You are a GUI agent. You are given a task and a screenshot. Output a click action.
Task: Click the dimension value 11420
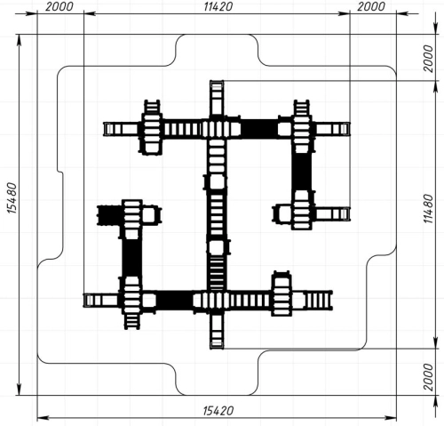click(218, 6)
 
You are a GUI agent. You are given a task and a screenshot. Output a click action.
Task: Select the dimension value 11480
click(428, 209)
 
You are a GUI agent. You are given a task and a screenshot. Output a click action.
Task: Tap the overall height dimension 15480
click(12, 198)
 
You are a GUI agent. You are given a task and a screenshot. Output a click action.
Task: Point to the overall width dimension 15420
click(218, 411)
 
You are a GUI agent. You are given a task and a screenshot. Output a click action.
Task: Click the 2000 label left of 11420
click(59, 6)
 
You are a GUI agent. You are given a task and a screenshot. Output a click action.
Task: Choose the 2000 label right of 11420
click(371, 6)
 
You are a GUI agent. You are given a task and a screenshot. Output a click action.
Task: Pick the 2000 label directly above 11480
click(428, 59)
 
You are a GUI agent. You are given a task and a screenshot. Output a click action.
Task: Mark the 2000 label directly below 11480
click(428, 377)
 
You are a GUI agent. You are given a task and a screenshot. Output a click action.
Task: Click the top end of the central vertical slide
click(217, 83)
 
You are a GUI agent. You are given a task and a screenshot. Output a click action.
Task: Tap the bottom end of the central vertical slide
click(217, 346)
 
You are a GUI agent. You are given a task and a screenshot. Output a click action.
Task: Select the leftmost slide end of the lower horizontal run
click(86, 301)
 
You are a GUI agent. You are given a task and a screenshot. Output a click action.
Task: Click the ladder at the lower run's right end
click(319, 301)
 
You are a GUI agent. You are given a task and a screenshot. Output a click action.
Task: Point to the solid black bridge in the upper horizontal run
click(259, 129)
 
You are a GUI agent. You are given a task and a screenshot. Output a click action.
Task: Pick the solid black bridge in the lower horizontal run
click(174, 301)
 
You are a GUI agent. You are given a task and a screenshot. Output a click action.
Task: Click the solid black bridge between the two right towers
click(301, 172)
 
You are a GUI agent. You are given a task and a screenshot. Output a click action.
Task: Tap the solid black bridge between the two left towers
click(132, 258)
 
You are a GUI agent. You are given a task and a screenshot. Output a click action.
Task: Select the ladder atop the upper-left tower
click(152, 107)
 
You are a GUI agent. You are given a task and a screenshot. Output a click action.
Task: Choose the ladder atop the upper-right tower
click(301, 108)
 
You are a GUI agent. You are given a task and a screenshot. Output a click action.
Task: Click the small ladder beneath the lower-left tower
click(131, 322)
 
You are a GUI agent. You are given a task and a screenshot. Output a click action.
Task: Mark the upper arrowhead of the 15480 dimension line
click(20, 40)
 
